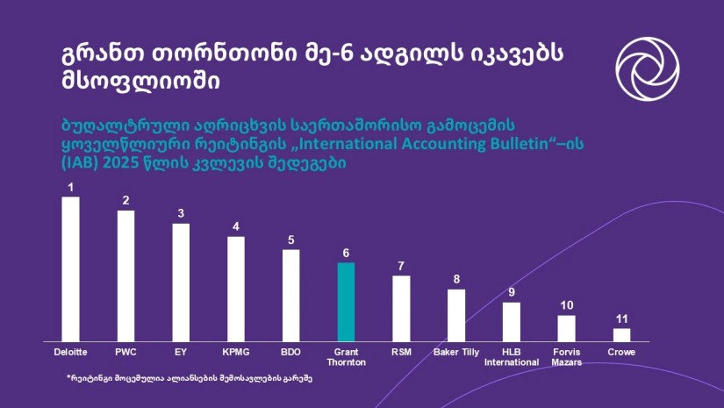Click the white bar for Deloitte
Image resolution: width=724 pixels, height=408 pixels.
pos(70,268)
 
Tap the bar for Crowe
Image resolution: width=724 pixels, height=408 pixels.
pos(621,334)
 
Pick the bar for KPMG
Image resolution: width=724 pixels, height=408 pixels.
pos(235,288)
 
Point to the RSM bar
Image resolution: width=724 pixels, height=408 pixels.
pos(401,308)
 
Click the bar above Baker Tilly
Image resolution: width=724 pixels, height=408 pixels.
pos(456,314)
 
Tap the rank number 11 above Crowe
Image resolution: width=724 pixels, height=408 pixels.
pos(621,319)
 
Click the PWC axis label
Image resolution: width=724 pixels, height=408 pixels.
pos(125,352)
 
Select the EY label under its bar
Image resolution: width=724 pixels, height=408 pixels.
pos(181,352)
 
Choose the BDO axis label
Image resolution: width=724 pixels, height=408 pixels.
pos(290,352)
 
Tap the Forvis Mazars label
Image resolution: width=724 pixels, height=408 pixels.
pos(566,356)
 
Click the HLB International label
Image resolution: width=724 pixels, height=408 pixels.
pos(512,356)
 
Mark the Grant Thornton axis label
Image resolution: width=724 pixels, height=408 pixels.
pos(346,356)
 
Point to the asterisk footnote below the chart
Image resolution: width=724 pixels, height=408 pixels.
pos(190,378)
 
